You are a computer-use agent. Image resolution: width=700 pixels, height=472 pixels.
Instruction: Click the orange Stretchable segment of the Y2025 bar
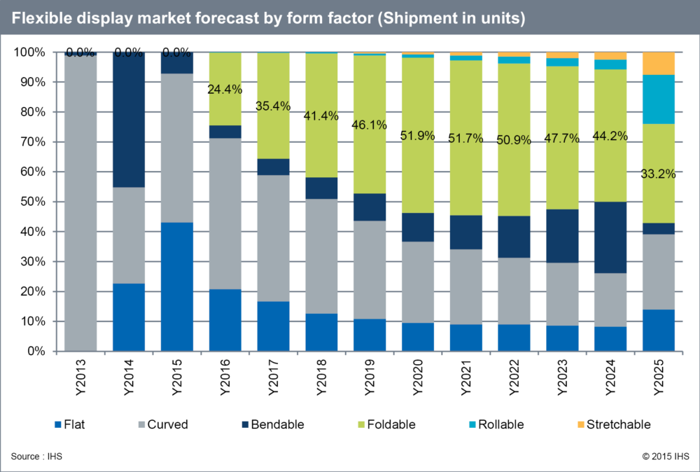[658, 63]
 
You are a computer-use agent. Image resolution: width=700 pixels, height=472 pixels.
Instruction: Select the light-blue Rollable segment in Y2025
[658, 99]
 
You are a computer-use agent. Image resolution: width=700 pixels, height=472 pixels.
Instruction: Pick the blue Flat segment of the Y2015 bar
[177, 286]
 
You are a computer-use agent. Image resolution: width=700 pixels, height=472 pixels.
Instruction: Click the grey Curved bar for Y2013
[80, 202]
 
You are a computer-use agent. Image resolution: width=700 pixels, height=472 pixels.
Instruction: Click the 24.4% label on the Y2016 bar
[225, 90]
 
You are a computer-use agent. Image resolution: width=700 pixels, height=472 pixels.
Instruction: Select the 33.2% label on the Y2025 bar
[659, 174]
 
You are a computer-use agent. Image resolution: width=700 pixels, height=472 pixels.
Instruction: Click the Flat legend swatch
[57, 425]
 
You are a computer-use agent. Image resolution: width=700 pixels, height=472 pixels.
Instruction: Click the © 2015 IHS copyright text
[665, 457]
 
